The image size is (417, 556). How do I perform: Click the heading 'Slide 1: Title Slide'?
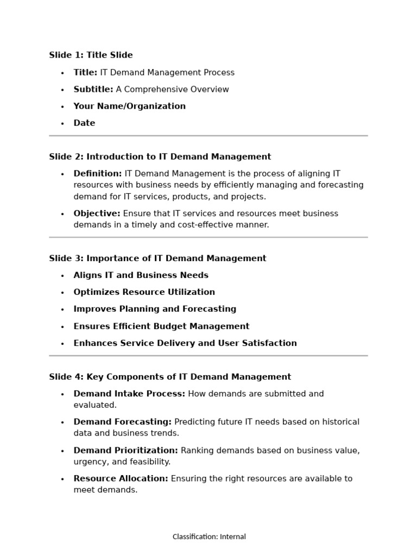(x=91, y=55)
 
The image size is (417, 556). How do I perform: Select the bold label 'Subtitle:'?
(x=93, y=90)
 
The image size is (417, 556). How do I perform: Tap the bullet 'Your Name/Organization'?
(x=129, y=106)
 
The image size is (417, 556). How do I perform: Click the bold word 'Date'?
(x=84, y=123)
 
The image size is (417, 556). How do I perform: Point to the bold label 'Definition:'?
(x=98, y=174)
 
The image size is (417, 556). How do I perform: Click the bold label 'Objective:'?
(x=97, y=214)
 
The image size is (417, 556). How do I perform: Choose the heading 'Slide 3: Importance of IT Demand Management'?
(x=157, y=258)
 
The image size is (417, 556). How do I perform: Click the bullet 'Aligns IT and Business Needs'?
(x=141, y=275)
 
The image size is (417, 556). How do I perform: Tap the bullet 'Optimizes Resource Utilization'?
(x=144, y=292)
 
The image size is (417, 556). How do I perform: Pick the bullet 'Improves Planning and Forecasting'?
(x=155, y=309)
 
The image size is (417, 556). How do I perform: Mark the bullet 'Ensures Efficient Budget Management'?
(x=161, y=326)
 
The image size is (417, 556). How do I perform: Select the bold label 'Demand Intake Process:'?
(x=129, y=394)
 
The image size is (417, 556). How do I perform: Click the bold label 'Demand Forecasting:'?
(x=122, y=422)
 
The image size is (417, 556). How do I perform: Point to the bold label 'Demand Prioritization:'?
(x=125, y=451)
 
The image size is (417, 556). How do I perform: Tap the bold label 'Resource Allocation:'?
(x=121, y=479)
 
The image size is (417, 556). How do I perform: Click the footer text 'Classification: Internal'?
(x=209, y=537)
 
